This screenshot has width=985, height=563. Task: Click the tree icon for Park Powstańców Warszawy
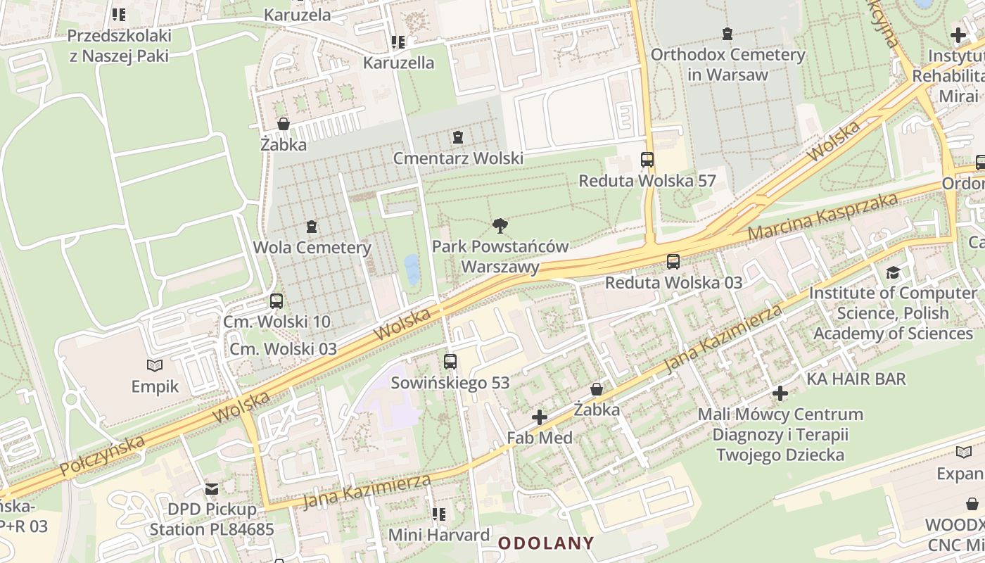tap(500, 226)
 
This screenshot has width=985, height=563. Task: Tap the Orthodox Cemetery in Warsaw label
tap(727, 64)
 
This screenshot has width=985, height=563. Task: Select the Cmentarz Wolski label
tap(458, 158)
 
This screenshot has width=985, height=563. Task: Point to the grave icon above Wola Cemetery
tap(312, 227)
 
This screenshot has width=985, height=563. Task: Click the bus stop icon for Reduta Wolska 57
tap(647, 160)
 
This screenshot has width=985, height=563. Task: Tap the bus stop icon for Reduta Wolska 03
tap(673, 262)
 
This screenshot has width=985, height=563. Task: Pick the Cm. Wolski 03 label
tap(284, 349)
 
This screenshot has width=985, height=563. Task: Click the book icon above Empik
tap(155, 365)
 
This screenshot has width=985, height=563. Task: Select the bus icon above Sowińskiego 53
tap(450, 362)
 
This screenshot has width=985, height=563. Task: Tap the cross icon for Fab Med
tap(540, 417)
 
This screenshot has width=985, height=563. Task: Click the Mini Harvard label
tap(439, 535)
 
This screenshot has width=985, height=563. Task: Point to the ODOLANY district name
tap(546, 543)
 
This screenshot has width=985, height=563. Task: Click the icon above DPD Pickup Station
tap(211, 488)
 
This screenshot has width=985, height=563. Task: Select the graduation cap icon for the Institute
tap(893, 272)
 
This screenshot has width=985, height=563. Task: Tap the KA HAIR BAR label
tap(856, 379)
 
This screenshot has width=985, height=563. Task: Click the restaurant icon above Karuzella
tap(398, 42)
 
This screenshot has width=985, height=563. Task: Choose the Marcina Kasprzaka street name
tap(822, 215)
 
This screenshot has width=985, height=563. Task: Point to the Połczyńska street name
tap(102, 455)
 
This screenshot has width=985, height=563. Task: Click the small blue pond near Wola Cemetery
tap(412, 270)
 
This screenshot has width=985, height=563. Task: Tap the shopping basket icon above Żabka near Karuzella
tap(284, 124)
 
